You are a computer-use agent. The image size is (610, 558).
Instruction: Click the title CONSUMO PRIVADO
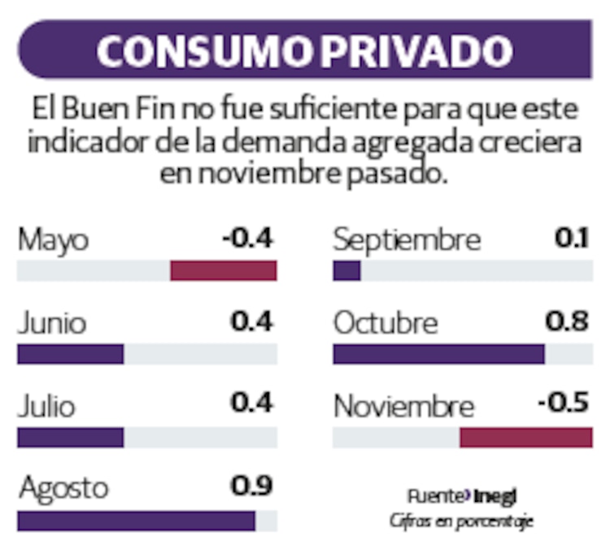pyautogui.click(x=304, y=50)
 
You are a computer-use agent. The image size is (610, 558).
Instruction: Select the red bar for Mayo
pyautogui.click(x=224, y=271)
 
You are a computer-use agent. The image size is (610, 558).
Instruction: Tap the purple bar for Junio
pyautogui.click(x=70, y=354)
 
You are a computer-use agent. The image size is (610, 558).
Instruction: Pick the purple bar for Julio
pyautogui.click(x=70, y=438)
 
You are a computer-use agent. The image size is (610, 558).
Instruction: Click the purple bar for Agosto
pyautogui.click(x=136, y=521)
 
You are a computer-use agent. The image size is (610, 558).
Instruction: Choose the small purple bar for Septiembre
pyautogui.click(x=346, y=271)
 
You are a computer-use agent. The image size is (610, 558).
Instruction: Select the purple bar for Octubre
pyautogui.click(x=438, y=354)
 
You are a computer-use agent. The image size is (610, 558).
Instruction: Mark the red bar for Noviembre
pyautogui.click(x=525, y=438)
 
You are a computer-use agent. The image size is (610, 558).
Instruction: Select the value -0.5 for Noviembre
pyautogui.click(x=563, y=404)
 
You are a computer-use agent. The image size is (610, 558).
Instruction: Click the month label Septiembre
pyautogui.click(x=407, y=241)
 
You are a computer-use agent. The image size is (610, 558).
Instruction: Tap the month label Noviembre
pyautogui.click(x=403, y=406)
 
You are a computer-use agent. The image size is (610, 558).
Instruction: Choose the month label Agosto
pyautogui.click(x=63, y=489)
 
